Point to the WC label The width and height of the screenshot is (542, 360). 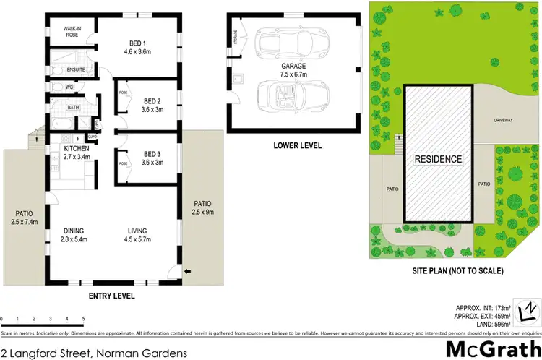click(x=70, y=87)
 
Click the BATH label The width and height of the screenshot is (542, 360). click(x=73, y=108)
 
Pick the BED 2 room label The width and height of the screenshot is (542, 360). click(x=152, y=106)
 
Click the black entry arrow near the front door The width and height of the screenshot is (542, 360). click(x=189, y=272)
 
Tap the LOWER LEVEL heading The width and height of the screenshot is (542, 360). click(x=297, y=145)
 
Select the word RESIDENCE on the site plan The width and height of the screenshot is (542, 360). click(x=438, y=158)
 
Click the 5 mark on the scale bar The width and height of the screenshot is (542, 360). click(x=84, y=318)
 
